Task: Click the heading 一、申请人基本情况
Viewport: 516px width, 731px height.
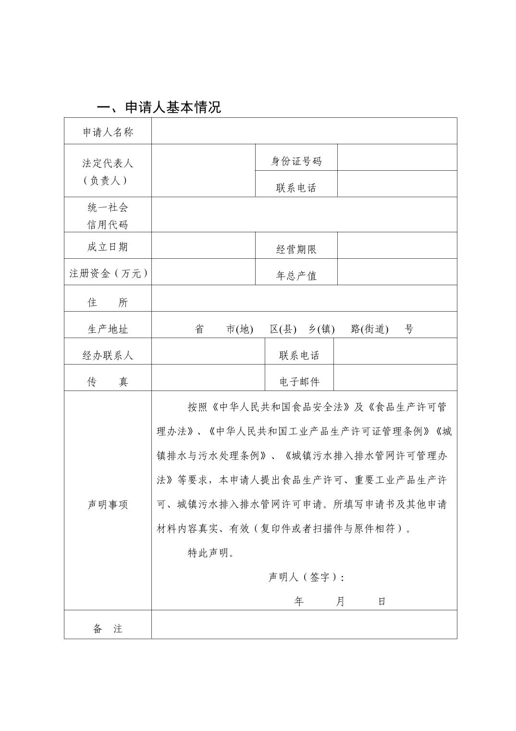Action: (159, 107)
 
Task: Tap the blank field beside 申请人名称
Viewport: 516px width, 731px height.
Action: (304, 131)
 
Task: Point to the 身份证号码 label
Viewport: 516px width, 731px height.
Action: (296, 161)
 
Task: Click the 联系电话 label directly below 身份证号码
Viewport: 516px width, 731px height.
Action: (296, 188)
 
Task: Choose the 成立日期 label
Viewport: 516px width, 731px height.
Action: (108, 247)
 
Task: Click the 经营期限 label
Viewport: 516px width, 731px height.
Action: (296, 249)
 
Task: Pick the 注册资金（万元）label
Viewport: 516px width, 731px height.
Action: (108, 273)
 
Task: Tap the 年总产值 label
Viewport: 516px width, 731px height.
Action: (296, 276)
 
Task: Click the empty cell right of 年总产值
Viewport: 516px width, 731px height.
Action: (397, 272)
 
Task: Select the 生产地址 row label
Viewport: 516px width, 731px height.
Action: (108, 329)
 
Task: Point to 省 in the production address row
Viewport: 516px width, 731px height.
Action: (199, 329)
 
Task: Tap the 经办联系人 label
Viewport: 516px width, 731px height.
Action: (108, 355)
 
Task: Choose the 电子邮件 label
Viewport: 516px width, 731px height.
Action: (299, 382)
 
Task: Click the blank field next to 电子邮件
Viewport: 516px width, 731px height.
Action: (395, 378)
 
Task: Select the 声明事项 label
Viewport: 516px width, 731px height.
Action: (108, 504)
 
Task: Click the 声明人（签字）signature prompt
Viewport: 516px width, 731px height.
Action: (306, 577)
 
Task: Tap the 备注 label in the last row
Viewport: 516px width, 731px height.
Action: (108, 629)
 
